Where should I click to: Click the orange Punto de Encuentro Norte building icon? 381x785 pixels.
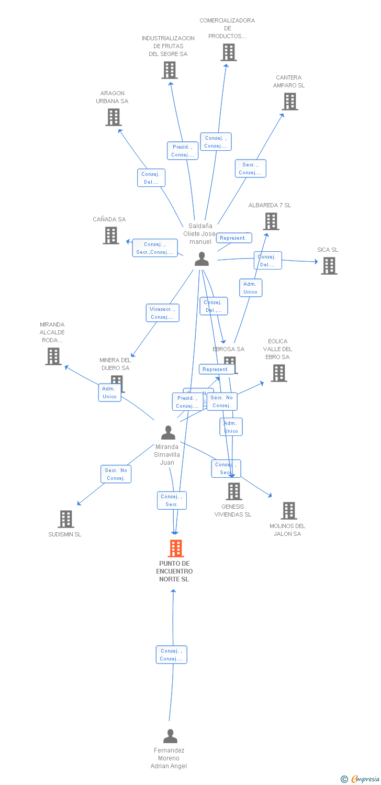[176, 548]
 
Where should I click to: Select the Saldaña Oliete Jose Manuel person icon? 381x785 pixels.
[201, 259]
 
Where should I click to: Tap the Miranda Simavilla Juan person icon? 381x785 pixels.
[168, 433]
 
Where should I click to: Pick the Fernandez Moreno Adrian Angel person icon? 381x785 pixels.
[170, 736]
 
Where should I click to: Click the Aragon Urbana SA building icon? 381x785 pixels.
[114, 117]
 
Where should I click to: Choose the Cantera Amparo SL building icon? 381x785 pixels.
[290, 102]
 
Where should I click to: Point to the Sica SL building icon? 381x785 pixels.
[329, 266]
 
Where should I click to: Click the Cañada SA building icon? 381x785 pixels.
[111, 235]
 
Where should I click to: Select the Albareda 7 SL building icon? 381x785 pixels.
[271, 221]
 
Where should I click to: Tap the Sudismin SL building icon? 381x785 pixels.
[66, 519]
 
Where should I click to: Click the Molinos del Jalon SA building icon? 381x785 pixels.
[289, 510]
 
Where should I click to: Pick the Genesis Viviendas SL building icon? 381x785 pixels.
[233, 491]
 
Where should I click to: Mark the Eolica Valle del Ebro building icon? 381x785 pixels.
[279, 373]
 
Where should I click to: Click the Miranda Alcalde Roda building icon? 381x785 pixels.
[53, 356]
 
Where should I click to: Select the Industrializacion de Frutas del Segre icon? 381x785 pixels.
[170, 70]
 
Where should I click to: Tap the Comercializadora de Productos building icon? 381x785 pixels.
[229, 52]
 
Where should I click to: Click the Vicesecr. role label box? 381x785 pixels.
[162, 313]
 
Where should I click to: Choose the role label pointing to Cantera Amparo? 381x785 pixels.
[250, 169]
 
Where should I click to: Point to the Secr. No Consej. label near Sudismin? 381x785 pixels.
[116, 474]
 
